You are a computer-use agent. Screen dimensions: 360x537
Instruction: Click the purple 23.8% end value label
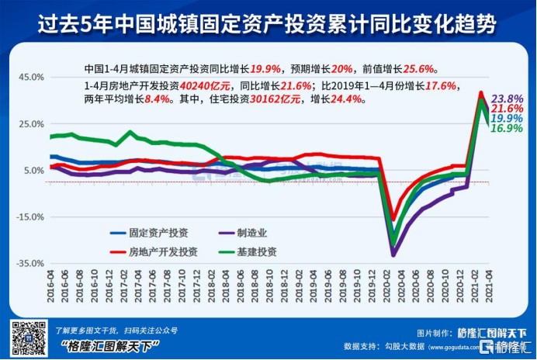[x=508, y=99]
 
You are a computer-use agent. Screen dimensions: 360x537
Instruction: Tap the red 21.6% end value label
[x=508, y=109]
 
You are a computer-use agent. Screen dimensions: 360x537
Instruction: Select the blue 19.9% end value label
[x=508, y=119]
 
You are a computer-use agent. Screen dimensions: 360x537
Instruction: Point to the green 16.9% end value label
[x=508, y=129]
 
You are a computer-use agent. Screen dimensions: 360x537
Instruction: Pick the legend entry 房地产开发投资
[x=163, y=251]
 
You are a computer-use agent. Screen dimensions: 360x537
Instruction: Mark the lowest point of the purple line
[x=393, y=254]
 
